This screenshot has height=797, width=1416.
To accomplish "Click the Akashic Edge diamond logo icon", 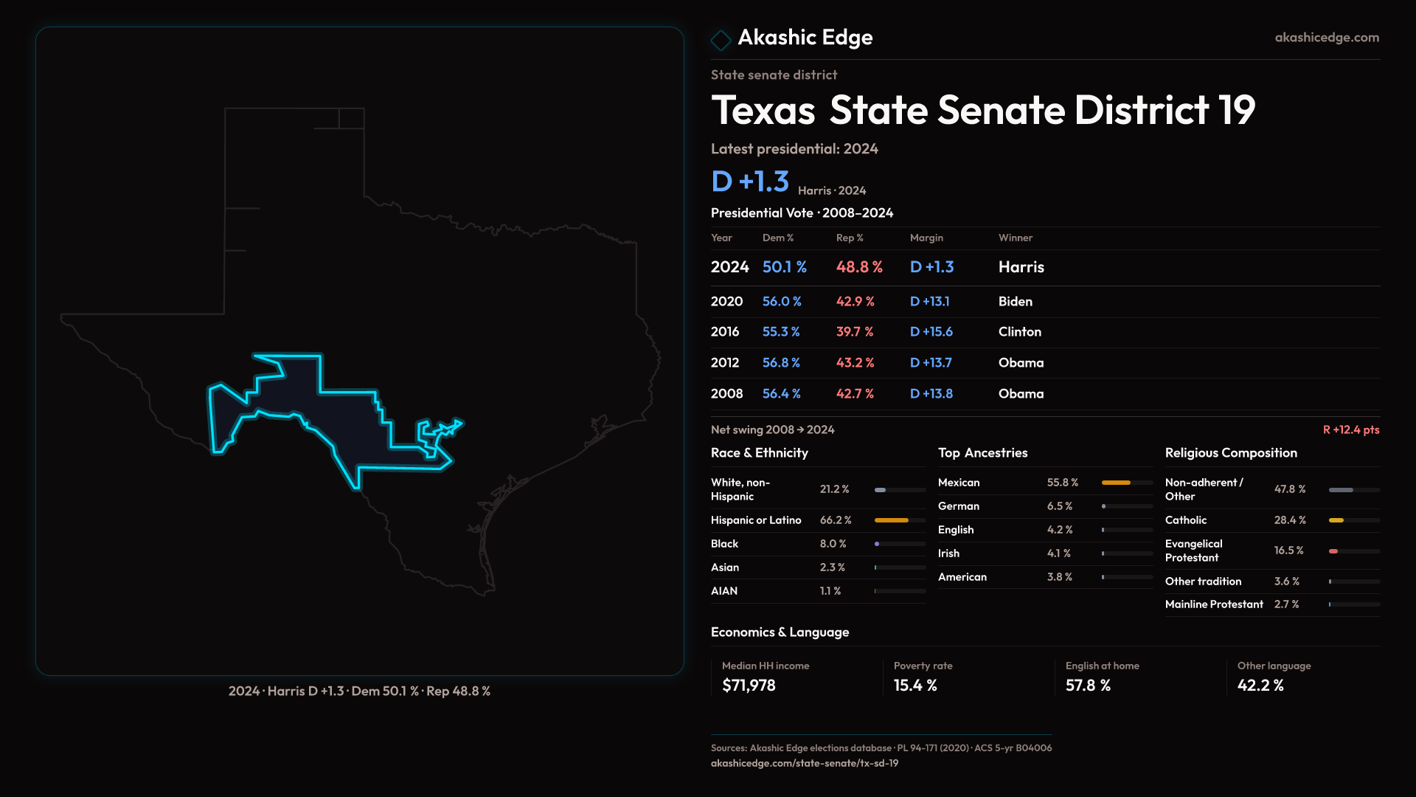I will tap(721, 39).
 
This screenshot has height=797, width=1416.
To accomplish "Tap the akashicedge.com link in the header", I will tap(1326, 38).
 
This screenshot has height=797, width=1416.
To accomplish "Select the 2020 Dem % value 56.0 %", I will tap(781, 302).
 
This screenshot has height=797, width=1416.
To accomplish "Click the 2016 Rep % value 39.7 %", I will tap(854, 332).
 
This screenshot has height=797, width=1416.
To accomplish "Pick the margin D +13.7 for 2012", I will tap(930, 363).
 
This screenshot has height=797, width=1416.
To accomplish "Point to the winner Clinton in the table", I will tap(1019, 332).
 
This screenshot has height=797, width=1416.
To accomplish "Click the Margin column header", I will tap(926, 238).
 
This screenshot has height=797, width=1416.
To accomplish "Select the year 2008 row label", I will tap(726, 394).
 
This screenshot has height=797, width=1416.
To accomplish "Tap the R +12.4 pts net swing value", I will tap(1350, 429).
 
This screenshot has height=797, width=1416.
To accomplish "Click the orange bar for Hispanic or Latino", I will tap(891, 520).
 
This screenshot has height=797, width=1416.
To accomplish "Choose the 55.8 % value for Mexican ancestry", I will tap(1062, 483).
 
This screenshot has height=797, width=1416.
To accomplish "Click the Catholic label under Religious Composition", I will tap(1185, 520).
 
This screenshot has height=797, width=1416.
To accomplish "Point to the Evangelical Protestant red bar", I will tap(1333, 551).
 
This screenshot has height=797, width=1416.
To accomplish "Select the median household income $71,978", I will tap(748, 686).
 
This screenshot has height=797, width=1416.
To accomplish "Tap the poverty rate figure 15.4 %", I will tap(914, 686).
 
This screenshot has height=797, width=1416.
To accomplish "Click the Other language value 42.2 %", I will tap(1260, 686).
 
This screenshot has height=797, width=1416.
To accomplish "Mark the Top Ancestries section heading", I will tap(982, 453).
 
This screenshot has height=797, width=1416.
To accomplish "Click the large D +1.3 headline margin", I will tap(749, 182).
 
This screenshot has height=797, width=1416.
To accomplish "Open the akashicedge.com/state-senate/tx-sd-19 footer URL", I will tap(804, 764).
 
